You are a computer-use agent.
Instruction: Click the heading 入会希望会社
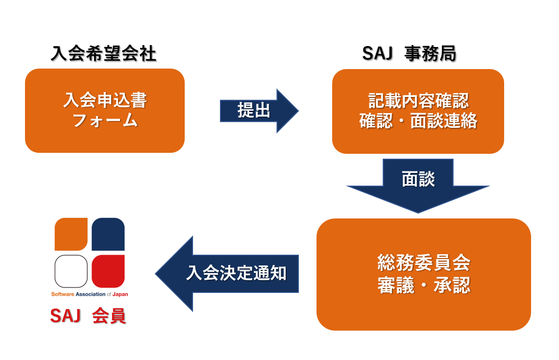tap(103, 54)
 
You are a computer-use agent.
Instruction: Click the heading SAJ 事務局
tap(409, 54)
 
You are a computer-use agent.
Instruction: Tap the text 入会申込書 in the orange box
tap(105, 100)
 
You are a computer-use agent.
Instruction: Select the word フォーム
tap(105, 120)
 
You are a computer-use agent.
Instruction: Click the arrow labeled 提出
tap(259, 111)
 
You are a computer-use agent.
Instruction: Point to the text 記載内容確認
tap(418, 101)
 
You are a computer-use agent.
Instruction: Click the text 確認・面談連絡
tap(418, 121)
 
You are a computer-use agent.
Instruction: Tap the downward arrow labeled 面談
tap(418, 186)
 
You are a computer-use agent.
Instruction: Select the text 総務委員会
tap(424, 263)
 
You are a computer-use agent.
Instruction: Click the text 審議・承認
tap(424, 285)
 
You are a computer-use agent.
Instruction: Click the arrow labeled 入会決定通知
tap(227, 274)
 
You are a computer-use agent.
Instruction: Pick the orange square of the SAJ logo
tap(71, 234)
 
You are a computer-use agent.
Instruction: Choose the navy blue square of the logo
tap(108, 234)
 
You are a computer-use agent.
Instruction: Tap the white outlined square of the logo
tap(71, 271)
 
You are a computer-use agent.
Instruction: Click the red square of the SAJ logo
tap(108, 271)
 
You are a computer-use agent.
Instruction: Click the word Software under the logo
tap(63, 294)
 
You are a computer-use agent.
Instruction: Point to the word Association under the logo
tap(91, 294)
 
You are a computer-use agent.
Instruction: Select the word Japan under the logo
tap(120, 294)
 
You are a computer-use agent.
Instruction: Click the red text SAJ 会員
tap(88, 316)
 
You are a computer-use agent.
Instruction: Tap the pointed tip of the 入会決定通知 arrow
tap(155, 274)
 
